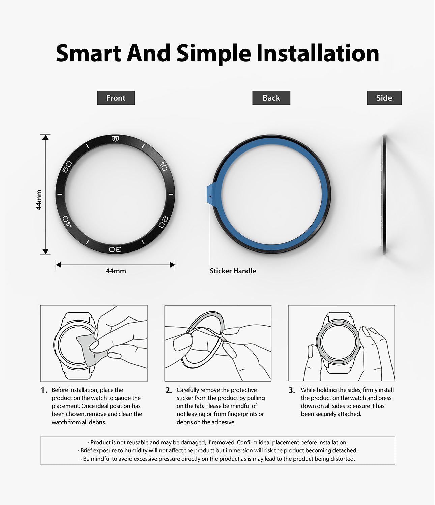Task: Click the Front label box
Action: (116, 98)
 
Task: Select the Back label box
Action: (271, 98)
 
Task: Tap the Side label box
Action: (384, 98)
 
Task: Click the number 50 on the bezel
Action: (67, 167)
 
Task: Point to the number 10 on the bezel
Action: (164, 167)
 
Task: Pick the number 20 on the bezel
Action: (163, 222)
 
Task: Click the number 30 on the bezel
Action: (115, 249)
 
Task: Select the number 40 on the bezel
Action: (67, 221)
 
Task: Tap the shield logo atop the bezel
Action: (115, 139)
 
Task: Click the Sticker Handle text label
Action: (233, 271)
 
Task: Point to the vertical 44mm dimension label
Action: (39, 200)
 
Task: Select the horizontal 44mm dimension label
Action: (116, 271)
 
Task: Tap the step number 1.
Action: (44, 390)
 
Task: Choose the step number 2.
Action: (169, 390)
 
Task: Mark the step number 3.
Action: (292, 390)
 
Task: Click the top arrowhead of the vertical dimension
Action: (45, 137)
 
